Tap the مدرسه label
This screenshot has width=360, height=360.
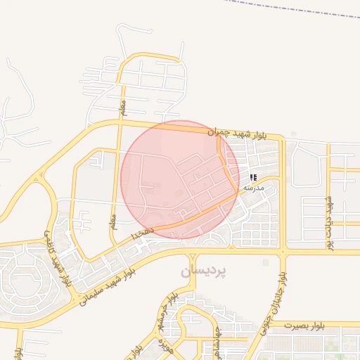253,188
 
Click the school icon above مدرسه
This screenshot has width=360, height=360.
252,177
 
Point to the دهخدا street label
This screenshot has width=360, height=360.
138,231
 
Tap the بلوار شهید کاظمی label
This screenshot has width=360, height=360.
58,256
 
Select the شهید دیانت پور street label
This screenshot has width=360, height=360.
328,221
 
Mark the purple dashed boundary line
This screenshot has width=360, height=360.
295,10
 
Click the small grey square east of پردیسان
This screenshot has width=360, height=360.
265,262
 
